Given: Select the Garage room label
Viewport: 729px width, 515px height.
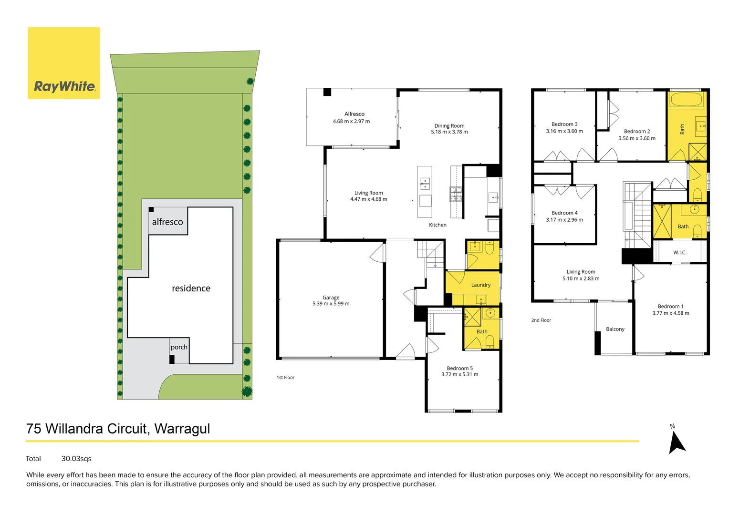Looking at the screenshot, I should coord(331,298).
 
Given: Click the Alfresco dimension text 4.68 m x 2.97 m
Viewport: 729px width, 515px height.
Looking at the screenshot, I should coord(351,122).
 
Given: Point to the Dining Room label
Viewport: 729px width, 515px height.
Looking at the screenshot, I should coord(449,126).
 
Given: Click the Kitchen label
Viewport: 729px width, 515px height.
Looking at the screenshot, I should coord(437,225).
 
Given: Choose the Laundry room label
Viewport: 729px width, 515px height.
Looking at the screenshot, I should coord(480,285).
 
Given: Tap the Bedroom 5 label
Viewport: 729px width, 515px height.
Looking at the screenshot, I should coord(459,368).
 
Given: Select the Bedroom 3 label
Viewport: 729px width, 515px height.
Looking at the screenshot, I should coord(564,124).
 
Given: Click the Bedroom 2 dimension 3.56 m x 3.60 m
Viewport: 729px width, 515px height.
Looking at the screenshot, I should coord(636,139).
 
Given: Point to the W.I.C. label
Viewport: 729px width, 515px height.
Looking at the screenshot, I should coord(679,253).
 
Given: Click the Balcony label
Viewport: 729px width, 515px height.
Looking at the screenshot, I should coord(615,330).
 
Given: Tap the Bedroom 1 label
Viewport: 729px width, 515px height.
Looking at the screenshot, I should coord(670,307).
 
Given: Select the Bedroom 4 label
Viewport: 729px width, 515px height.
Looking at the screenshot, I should coord(564,213).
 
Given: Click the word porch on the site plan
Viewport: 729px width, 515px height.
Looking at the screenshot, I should coord(179,347).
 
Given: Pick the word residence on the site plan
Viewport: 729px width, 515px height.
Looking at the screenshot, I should coord(191,288).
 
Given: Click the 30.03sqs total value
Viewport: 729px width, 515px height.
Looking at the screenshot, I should coord(76,459).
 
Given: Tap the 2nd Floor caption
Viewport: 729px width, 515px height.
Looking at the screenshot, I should coord(541,320).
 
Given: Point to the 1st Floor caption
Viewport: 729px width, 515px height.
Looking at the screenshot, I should coord(285,378).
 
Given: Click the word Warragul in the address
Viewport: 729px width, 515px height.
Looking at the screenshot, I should coord(182,429).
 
